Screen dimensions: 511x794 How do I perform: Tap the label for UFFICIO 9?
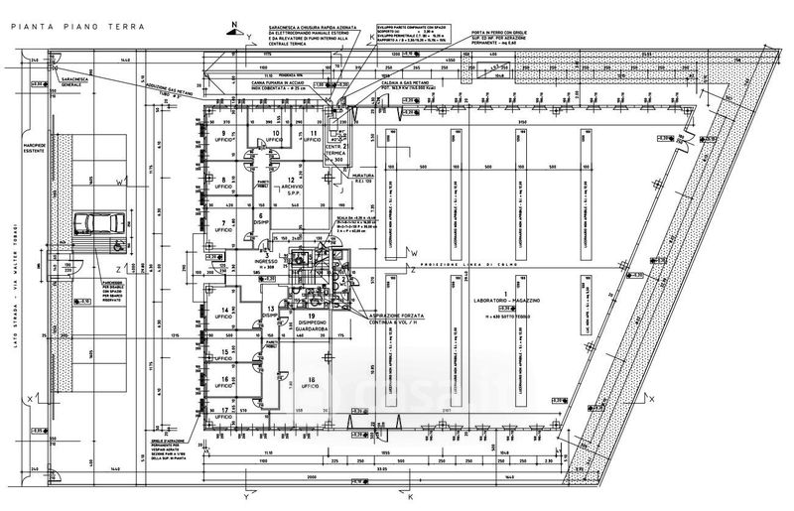(x=225, y=137)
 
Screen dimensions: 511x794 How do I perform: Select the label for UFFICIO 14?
(x=225, y=315)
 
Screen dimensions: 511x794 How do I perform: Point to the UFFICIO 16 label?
(x=225, y=382)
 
